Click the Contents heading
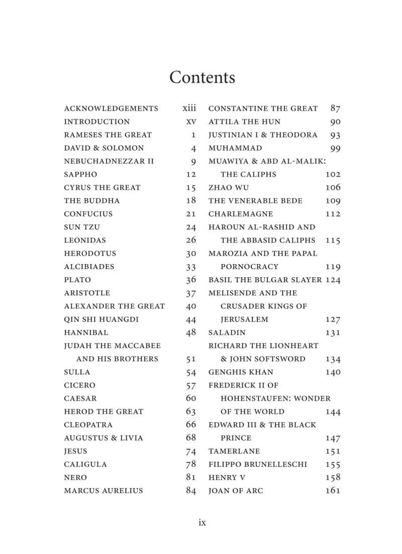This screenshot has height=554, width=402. [x=202, y=77]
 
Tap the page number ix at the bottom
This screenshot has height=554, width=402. [x=202, y=523]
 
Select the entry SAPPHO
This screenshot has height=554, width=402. [x=80, y=175]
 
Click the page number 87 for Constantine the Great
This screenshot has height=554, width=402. [x=335, y=108]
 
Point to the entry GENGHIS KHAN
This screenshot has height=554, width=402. [x=241, y=372]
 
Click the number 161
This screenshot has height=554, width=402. [x=333, y=491]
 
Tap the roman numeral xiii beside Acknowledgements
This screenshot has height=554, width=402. [x=189, y=108]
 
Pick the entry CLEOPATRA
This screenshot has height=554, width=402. [x=88, y=425]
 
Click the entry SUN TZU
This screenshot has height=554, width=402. [x=82, y=227]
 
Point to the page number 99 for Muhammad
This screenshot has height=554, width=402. [x=335, y=148]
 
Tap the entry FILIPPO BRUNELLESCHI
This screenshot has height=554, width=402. [x=258, y=464]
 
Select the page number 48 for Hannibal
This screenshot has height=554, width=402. [x=191, y=333]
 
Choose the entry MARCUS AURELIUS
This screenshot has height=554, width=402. [x=104, y=491]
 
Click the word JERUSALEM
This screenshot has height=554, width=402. [x=244, y=320]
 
